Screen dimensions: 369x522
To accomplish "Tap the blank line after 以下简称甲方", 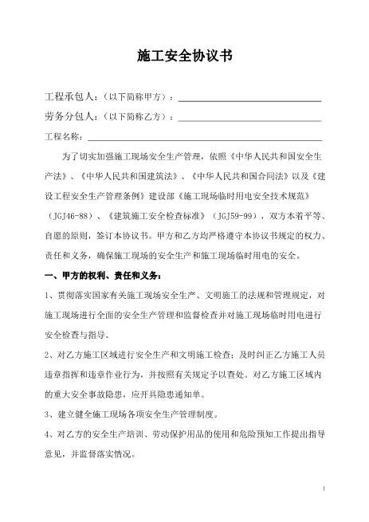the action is coord(249,100).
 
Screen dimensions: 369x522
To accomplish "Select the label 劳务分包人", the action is coord(69,117).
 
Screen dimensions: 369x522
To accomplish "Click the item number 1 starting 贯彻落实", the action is coord(48,296).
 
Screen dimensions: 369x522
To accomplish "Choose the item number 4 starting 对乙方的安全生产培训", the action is coord(48,435).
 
